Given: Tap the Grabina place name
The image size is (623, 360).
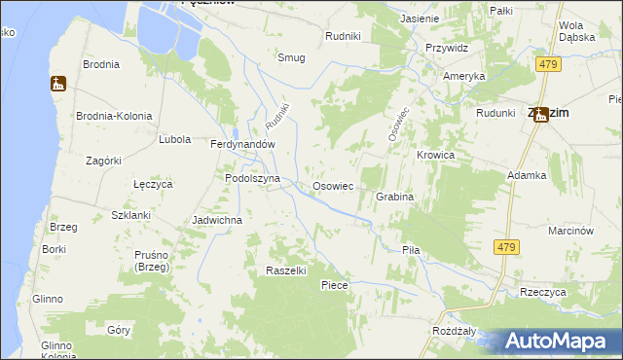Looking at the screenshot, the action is tap(395, 197).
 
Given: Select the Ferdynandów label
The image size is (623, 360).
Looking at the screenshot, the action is tap(244, 144).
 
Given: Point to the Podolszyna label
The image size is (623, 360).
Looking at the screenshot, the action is tap(252, 179).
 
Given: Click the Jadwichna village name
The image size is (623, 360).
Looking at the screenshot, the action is tap(217, 220).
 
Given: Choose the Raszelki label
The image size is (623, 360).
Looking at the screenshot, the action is tap(287, 270).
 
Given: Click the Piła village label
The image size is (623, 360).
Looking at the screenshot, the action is tap(411, 250).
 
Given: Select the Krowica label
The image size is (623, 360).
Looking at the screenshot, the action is tap(436, 156).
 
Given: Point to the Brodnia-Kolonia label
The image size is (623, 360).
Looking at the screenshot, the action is tap(115, 116).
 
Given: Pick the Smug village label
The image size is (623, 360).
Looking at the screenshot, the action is tap(291, 57).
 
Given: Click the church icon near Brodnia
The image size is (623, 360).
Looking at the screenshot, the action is tap(57, 85).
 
